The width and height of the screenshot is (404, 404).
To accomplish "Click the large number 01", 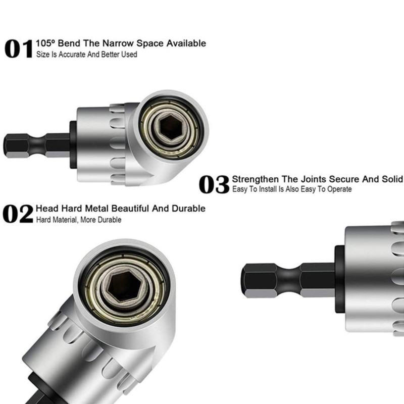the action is (19, 48).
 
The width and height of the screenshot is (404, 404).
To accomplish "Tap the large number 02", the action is (18, 214).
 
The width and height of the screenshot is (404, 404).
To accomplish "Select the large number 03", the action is (214, 184).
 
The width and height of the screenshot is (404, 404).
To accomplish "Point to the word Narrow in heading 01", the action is (118, 43).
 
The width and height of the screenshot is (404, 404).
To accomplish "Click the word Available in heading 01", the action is (186, 43).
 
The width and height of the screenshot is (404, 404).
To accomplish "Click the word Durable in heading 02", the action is (188, 208).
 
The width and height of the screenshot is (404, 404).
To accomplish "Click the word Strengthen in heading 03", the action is (255, 179).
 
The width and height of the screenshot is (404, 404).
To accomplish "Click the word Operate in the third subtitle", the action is (339, 189).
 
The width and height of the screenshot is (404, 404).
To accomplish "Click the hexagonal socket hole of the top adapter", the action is (171, 127).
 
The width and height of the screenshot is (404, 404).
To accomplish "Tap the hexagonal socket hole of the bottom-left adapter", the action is (124, 286).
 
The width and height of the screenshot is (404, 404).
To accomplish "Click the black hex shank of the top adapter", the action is (36, 145).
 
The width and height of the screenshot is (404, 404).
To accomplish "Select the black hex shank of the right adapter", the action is (288, 280).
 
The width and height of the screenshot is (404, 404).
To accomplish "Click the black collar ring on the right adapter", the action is (339, 279).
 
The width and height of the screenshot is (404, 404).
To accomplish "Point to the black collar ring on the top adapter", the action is (73, 145).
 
